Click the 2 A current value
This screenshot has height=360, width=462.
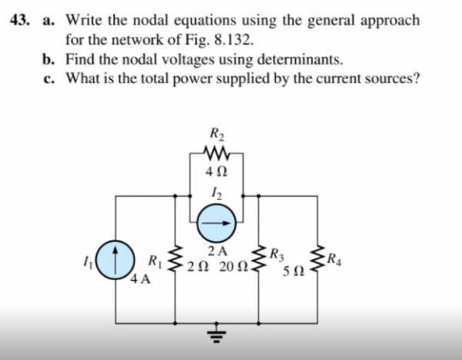click(x=218, y=250)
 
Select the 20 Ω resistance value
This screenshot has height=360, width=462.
click(x=233, y=267)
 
